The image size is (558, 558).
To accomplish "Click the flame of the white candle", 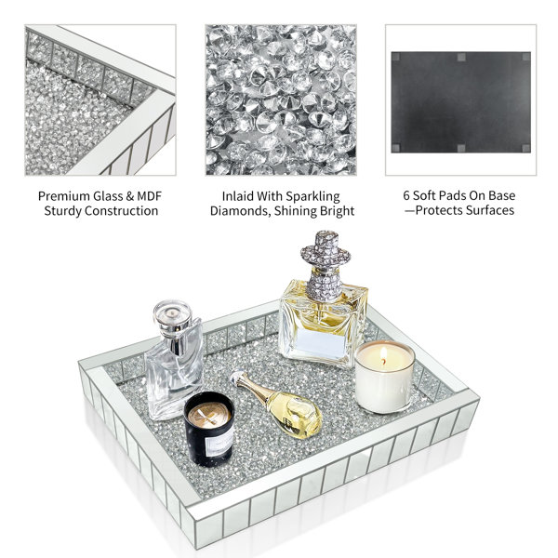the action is point(383,354).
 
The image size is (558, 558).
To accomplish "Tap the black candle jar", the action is point(209,429).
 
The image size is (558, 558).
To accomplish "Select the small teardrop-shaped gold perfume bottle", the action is point(276,405).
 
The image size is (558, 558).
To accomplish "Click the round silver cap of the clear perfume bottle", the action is point(173,313).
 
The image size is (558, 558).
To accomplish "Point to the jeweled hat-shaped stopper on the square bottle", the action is point(325,265).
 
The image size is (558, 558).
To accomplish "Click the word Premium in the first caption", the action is point(64,196).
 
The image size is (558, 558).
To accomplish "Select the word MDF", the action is point(150,196).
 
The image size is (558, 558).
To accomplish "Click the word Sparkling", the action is point(312,196).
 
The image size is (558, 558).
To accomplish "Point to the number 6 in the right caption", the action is point(406,195).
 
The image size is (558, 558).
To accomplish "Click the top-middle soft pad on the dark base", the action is point(461,57).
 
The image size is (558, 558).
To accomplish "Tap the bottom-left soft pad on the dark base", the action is point(396,148).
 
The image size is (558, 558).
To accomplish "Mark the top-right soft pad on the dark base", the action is point(526,57).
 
